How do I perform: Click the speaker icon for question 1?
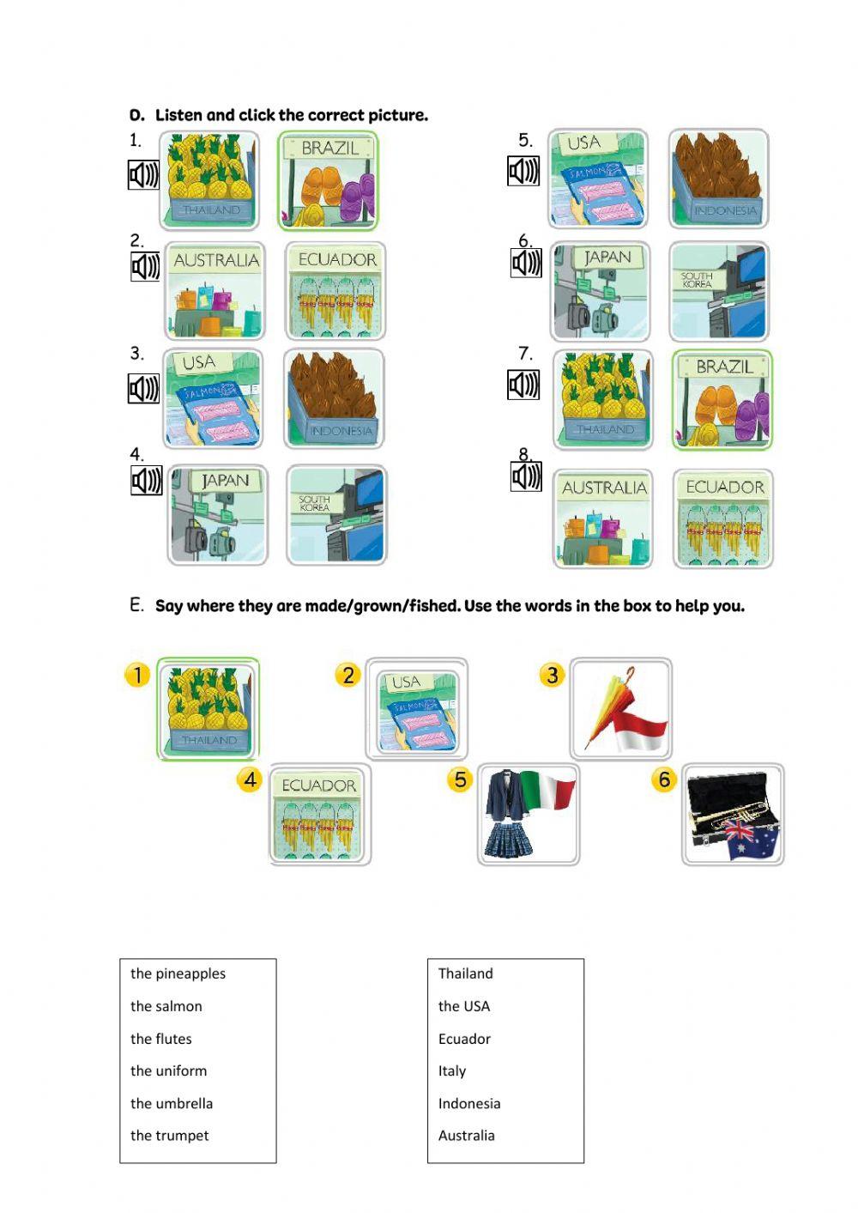pyautogui.click(x=143, y=175)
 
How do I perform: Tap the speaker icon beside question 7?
pyautogui.click(x=523, y=385)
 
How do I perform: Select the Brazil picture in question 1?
pyautogui.click(x=328, y=181)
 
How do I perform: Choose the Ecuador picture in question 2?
pyautogui.click(x=335, y=293)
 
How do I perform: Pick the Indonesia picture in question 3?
pyautogui.click(x=334, y=399)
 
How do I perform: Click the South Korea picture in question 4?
pyautogui.click(x=336, y=515)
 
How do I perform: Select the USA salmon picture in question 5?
pyautogui.click(x=598, y=179)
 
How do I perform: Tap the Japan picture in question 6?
pyautogui.click(x=601, y=292)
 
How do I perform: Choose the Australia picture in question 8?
pyautogui.click(x=603, y=519)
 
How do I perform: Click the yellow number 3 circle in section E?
pyautogui.click(x=553, y=676)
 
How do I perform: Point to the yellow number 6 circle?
pyautogui.click(x=664, y=779)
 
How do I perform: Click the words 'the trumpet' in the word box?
pyautogui.click(x=169, y=1136)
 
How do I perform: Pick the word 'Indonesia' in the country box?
pyautogui.click(x=468, y=1104)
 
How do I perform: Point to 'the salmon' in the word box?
pyautogui.click(x=166, y=1006)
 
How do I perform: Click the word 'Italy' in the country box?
pyautogui.click(x=451, y=1071)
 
